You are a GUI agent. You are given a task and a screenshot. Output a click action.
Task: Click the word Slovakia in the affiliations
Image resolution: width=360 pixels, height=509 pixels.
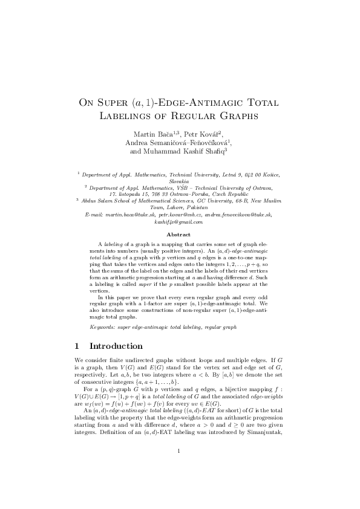pyautogui.click(x=180, y=180)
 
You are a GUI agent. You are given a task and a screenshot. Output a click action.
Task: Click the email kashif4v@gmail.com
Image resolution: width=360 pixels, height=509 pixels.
pyautogui.click(x=180, y=222)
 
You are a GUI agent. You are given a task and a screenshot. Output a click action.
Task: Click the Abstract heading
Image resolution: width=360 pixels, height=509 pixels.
pyautogui.click(x=180, y=235)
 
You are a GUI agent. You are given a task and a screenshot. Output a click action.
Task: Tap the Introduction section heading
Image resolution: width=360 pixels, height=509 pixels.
pyautogui.click(x=116, y=347)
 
